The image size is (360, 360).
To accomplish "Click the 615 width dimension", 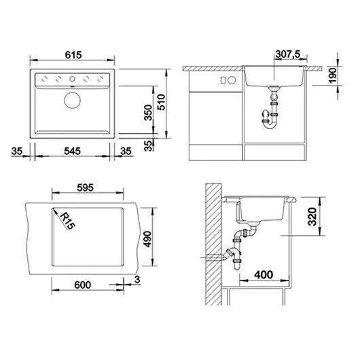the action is tap(73, 55).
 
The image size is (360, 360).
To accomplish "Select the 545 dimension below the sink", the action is tap(72, 151).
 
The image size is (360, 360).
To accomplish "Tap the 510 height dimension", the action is tap(162, 102).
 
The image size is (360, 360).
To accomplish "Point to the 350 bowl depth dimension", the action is tap(149, 113).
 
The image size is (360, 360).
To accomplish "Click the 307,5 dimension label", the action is tap(288, 54).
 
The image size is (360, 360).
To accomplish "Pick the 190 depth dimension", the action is tap(332, 75).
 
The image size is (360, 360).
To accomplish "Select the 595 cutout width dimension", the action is tap(85, 187).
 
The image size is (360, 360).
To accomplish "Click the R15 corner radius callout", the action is tap(67, 221).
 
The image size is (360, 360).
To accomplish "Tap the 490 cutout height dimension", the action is tap(147, 239).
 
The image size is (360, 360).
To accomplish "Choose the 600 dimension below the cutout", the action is tap(83, 285).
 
